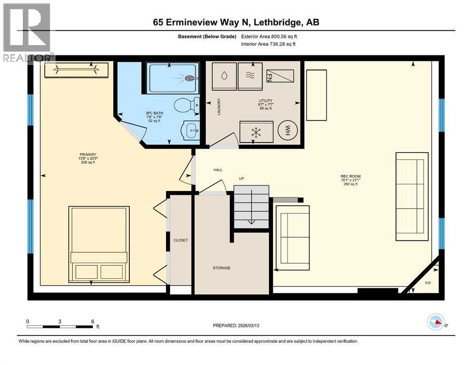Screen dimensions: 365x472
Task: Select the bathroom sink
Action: [192, 129]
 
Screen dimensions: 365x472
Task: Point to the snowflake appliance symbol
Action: [256, 132]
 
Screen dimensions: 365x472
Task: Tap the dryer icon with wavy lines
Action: [250, 75]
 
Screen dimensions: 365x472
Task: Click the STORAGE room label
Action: [221, 268]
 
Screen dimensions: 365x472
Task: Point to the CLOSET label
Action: [181, 240]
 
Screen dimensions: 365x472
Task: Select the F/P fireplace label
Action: [427, 284]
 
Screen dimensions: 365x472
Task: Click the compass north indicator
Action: [436, 323]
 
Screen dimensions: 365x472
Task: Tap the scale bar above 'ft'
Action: [60, 326]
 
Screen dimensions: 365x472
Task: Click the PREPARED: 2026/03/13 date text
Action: [239, 326]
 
